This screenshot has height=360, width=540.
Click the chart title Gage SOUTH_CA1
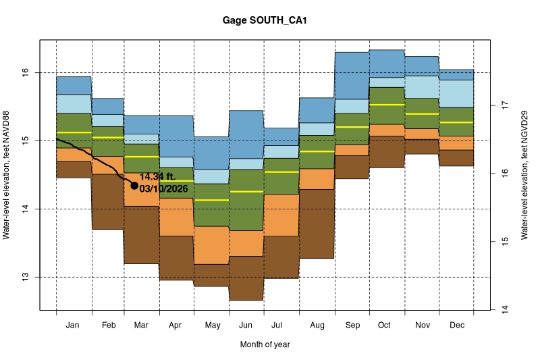pyautogui.click(x=265, y=21)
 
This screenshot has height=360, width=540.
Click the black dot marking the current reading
pyautogui.click(x=134, y=185)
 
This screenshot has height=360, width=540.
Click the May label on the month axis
pyautogui.click(x=212, y=326)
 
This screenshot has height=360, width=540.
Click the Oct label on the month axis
pyautogui.click(x=385, y=326)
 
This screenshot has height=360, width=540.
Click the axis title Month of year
pyautogui.click(x=265, y=344)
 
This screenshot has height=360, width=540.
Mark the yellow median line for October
pyautogui.click(x=387, y=105)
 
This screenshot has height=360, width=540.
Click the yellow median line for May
pyautogui.click(x=212, y=200)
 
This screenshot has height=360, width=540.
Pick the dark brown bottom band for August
pyautogui.click(x=317, y=224)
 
